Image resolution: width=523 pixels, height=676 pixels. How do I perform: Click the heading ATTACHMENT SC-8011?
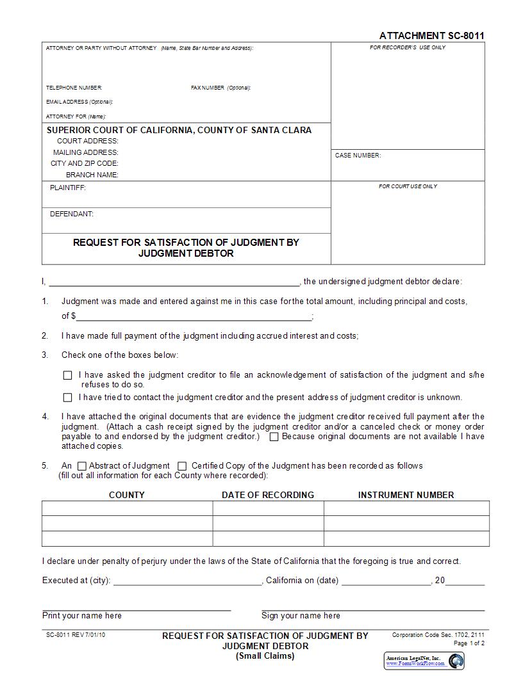tap(431, 36)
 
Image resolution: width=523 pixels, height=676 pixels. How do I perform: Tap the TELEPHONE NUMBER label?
tap(74, 88)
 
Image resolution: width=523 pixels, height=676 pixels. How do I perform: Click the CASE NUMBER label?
tap(358, 156)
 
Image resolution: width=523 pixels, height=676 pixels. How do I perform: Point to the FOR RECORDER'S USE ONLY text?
tap(408, 48)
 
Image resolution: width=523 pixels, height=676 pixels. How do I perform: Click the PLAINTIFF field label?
tap(68, 188)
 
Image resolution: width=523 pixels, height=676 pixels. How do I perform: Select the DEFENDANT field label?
tap(72, 214)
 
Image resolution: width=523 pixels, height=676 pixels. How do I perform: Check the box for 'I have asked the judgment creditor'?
tap(68, 376)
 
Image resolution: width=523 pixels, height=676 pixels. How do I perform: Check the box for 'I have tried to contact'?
tap(68, 398)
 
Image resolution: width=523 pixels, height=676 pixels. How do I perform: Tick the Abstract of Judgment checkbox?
tap(82, 467)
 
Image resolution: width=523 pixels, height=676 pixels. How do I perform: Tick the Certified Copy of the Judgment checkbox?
tap(182, 467)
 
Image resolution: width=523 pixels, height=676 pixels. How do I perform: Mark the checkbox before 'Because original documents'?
tap(274, 437)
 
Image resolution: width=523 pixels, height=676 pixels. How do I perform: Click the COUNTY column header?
tap(127, 495)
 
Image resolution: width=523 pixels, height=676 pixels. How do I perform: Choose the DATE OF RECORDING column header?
tap(268, 495)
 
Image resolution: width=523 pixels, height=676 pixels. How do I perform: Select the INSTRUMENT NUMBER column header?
tap(406, 495)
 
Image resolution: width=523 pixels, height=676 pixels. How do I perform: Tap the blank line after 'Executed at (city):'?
tap(187, 583)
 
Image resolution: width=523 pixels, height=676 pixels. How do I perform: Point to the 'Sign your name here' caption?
tap(301, 616)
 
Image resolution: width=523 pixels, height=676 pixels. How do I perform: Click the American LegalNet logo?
tap(424, 661)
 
